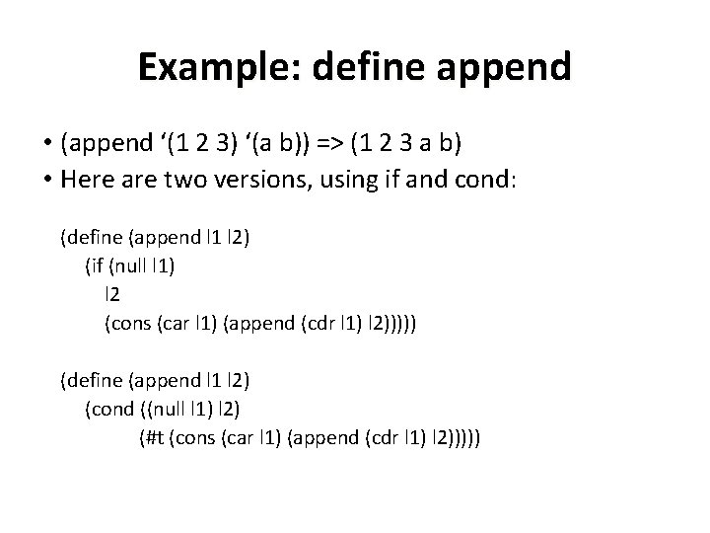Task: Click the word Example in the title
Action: point(207,67)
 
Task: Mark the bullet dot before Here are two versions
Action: point(46,180)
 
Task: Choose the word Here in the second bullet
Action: point(86,180)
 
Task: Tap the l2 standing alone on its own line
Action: point(112,293)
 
